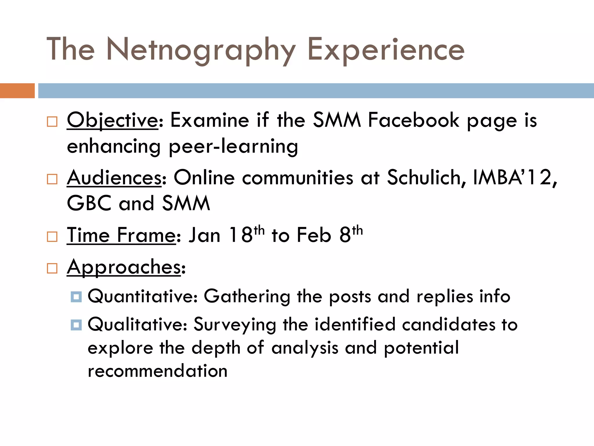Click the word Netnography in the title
point(201,50)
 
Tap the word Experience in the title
point(386,50)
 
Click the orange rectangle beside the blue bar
point(17,91)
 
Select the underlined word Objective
point(113,120)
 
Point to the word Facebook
point(414,120)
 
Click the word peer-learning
point(233,146)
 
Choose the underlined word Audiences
point(114,177)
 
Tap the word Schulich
point(426,177)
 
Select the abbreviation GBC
point(89,203)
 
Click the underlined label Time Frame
point(121,235)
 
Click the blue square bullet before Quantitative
point(76,297)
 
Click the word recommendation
point(157,371)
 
